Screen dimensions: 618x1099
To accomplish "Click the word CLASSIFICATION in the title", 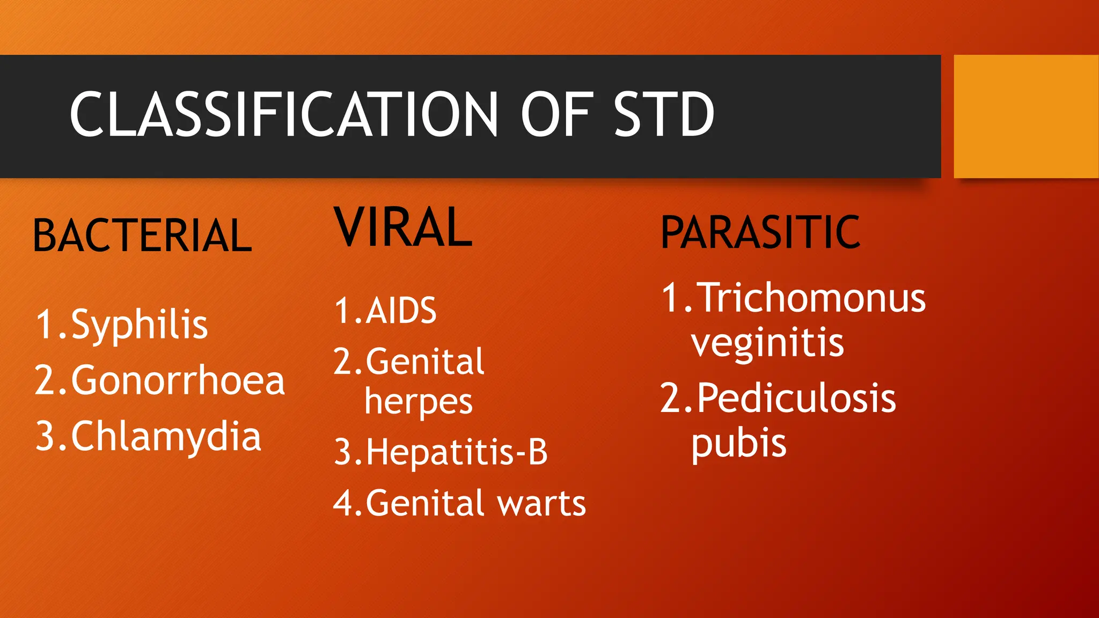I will (x=284, y=114).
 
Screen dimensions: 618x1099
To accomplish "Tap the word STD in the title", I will (x=663, y=114).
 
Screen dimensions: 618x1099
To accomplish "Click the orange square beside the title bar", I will (x=1025, y=116).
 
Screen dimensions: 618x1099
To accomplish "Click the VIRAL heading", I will (x=403, y=227).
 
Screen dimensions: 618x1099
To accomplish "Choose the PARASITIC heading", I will (x=760, y=232).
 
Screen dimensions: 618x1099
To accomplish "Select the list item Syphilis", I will (x=139, y=325).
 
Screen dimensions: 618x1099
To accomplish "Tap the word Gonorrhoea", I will (x=178, y=380).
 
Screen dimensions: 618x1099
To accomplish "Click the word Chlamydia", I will (x=166, y=436).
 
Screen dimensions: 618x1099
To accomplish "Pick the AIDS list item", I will (x=401, y=311).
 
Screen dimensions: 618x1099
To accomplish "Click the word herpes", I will (x=419, y=402).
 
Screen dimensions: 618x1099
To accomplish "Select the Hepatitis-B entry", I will (x=457, y=452).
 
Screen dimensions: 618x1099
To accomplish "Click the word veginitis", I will (x=767, y=343).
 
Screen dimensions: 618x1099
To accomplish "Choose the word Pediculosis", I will (x=796, y=399).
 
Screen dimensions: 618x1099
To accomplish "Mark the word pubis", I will (x=738, y=444).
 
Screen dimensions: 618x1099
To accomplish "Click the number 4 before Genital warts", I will (x=343, y=503).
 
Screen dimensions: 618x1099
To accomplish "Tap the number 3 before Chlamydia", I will (x=45, y=436).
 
